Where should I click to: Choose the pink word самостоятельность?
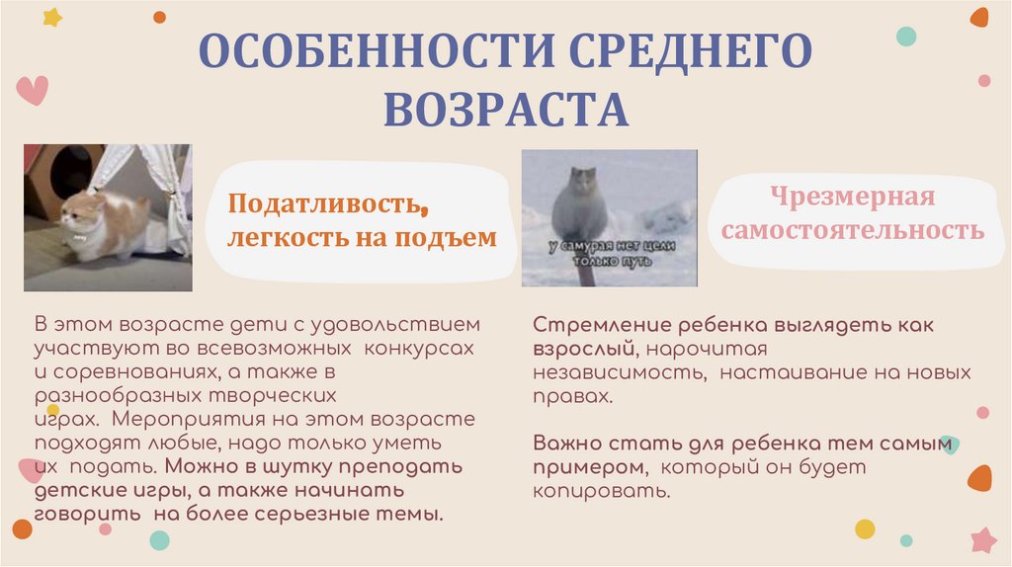click(852, 231)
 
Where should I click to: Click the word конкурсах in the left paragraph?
click(420, 349)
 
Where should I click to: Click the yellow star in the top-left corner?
click(51, 17)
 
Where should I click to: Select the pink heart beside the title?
click(33, 90)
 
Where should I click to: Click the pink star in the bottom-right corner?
click(983, 539)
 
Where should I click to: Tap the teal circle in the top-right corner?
click(906, 37)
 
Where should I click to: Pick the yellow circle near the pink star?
click(865, 528)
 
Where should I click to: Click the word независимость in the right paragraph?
click(618, 373)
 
